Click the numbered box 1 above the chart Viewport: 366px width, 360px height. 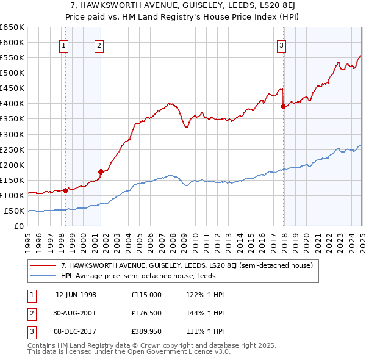pyautogui.click(x=64, y=45)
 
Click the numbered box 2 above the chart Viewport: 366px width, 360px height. pyautogui.click(x=99, y=45)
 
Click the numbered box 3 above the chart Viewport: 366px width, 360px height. pyautogui.click(x=281, y=45)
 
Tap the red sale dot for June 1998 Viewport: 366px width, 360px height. pyautogui.click(x=65, y=190)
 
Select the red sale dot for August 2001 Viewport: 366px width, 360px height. pyautogui.click(x=101, y=171)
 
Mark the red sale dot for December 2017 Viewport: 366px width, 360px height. pyautogui.click(x=283, y=106)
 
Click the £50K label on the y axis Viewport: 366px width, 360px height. pyautogui.click(x=14, y=211)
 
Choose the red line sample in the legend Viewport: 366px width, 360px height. pyautogui.click(x=44, y=266)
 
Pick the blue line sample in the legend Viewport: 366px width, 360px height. pyautogui.click(x=44, y=276)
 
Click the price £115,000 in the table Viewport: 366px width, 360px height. pyautogui.click(x=146, y=295)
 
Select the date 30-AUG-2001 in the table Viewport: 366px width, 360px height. pyautogui.click(x=76, y=314)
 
